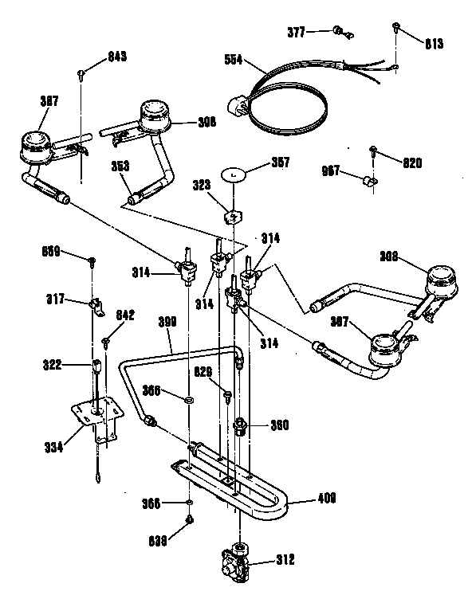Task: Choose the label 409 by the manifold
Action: click(325, 499)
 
